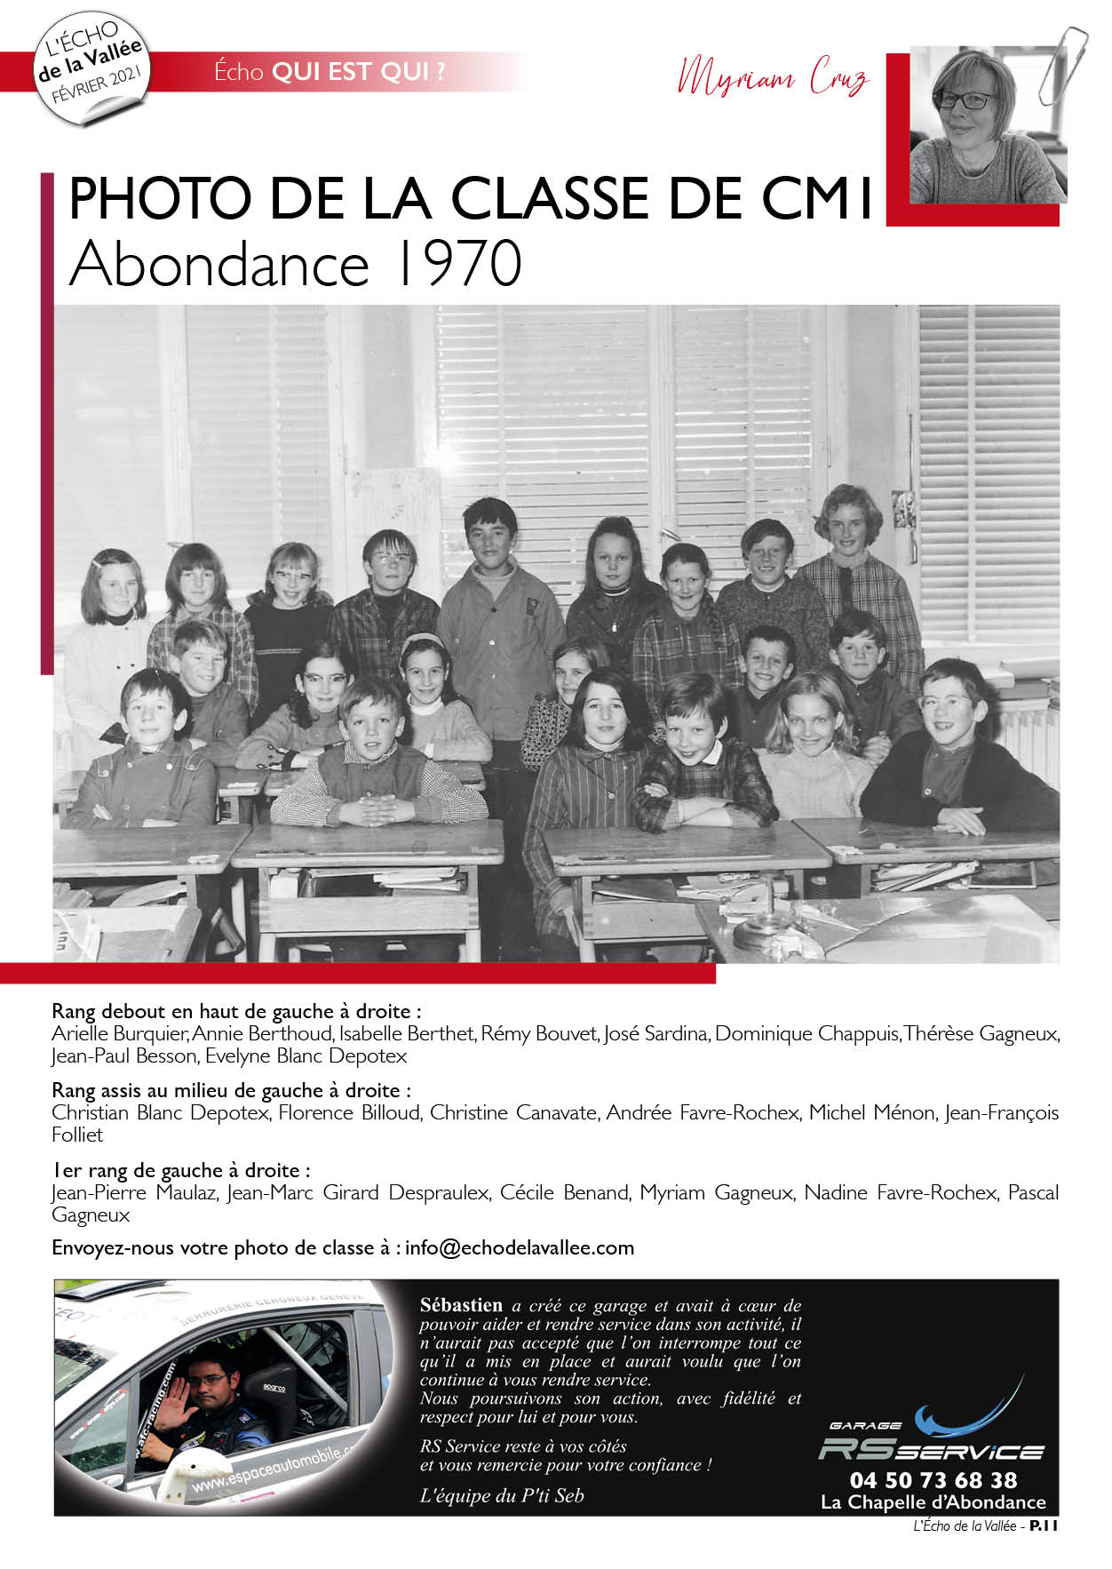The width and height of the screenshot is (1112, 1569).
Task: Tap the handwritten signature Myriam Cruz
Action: [x=772, y=79]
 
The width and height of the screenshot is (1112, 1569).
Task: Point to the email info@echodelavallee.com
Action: [x=520, y=1247]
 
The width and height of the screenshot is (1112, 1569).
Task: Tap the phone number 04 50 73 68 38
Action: [x=933, y=1480]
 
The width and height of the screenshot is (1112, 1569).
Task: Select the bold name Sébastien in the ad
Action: [x=461, y=1305]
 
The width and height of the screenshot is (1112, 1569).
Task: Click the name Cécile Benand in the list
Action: [x=564, y=1192]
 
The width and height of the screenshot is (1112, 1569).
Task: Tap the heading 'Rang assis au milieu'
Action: [x=231, y=1090]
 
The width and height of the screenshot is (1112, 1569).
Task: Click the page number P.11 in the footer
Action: [x=1044, y=1526]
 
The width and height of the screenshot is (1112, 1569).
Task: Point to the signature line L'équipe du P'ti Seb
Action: [x=502, y=1495]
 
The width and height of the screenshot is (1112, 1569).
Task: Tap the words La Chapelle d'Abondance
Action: [x=933, y=1502]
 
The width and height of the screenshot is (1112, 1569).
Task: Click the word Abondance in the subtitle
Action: [x=218, y=264]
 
